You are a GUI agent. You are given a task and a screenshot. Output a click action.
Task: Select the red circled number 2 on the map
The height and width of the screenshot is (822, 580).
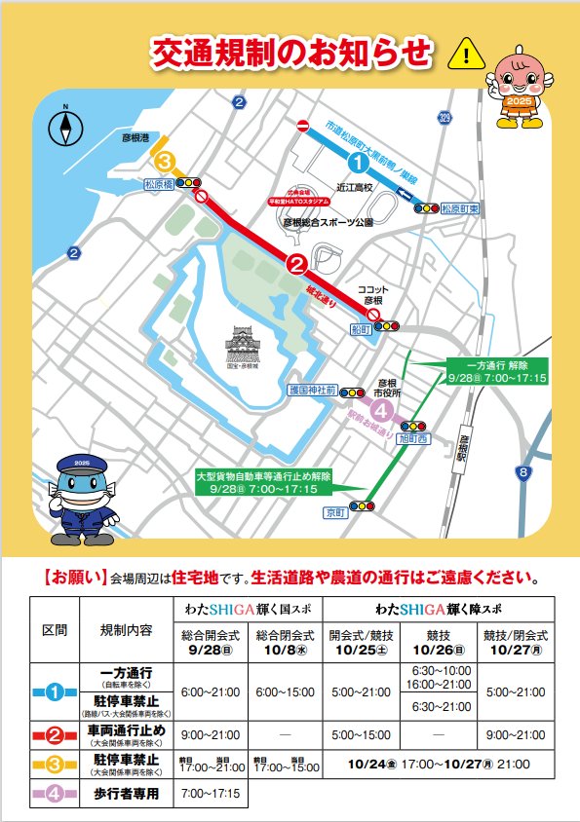click(296, 263)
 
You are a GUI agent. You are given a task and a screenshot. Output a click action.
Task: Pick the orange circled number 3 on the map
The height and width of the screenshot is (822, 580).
click(166, 161)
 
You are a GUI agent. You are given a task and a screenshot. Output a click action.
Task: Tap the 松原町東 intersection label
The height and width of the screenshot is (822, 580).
click(459, 207)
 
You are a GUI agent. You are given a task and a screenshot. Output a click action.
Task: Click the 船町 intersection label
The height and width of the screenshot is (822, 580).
click(361, 329)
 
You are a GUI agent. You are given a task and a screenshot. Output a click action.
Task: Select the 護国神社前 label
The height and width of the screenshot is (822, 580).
click(312, 390)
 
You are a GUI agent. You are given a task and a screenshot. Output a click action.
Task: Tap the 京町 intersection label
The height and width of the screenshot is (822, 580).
click(336, 510)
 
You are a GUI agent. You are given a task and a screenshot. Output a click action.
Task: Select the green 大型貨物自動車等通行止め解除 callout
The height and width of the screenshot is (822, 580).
click(263, 481)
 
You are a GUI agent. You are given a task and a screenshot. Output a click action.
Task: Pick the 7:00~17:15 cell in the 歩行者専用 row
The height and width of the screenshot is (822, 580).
click(209, 794)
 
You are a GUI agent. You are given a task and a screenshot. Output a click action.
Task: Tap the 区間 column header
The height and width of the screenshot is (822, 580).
click(55, 628)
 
